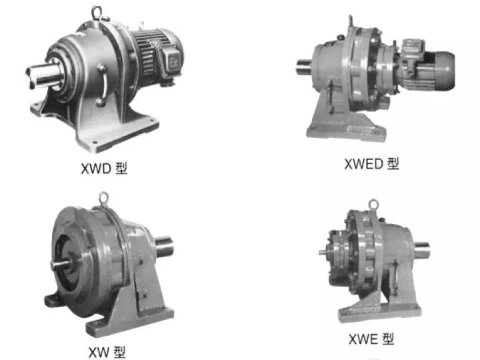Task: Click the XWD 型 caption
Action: pos(104,169)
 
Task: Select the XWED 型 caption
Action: pos(371,164)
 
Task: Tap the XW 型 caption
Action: pos(107,353)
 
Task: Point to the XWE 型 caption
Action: pos(371,339)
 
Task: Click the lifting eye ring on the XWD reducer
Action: pos(96,12)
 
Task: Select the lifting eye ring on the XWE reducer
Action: pos(373,205)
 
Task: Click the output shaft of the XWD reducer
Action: pos(43,77)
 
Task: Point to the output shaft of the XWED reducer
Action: pos(304,67)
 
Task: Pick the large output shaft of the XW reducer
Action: pos(165,247)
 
